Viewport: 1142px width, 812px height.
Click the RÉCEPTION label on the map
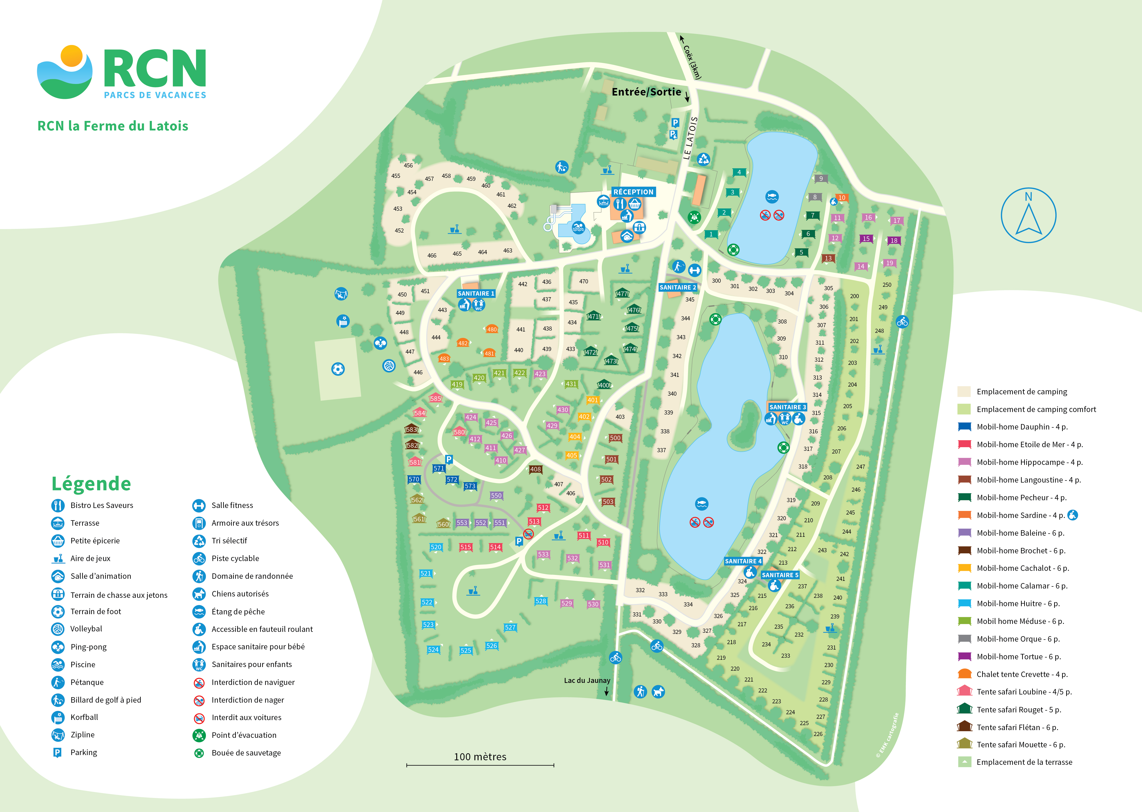tap(633, 192)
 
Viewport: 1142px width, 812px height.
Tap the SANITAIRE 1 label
tap(476, 294)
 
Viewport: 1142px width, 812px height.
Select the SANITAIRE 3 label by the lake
tap(787, 407)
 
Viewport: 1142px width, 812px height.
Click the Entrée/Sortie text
tap(646, 92)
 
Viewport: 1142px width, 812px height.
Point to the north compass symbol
tap(1029, 216)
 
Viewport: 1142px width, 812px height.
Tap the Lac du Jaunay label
tap(587, 680)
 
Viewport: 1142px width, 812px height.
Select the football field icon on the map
tap(338, 369)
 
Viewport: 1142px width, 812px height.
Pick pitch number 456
tap(408, 165)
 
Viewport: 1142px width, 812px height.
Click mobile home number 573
tap(470, 486)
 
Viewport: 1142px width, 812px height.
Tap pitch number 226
tap(818, 734)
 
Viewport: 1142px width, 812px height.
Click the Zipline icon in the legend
tap(58, 734)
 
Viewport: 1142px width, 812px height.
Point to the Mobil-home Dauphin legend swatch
tap(964, 427)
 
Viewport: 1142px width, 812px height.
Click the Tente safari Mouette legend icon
tap(964, 744)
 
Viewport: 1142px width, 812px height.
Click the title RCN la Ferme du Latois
tap(113, 126)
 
